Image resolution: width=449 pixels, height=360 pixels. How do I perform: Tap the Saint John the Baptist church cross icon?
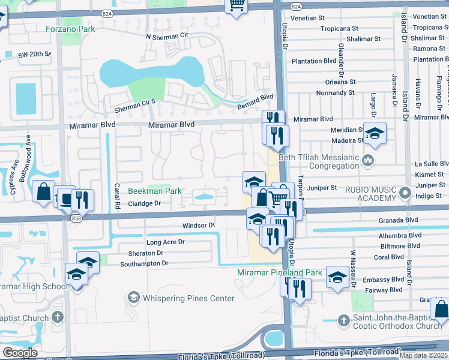(343, 320)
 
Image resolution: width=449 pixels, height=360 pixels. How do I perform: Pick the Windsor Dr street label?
(198, 226)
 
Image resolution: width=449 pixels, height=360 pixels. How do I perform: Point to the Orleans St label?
(340, 82)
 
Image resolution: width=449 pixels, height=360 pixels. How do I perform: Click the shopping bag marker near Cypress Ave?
(44, 192)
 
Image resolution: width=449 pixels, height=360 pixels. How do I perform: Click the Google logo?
(20, 352)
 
